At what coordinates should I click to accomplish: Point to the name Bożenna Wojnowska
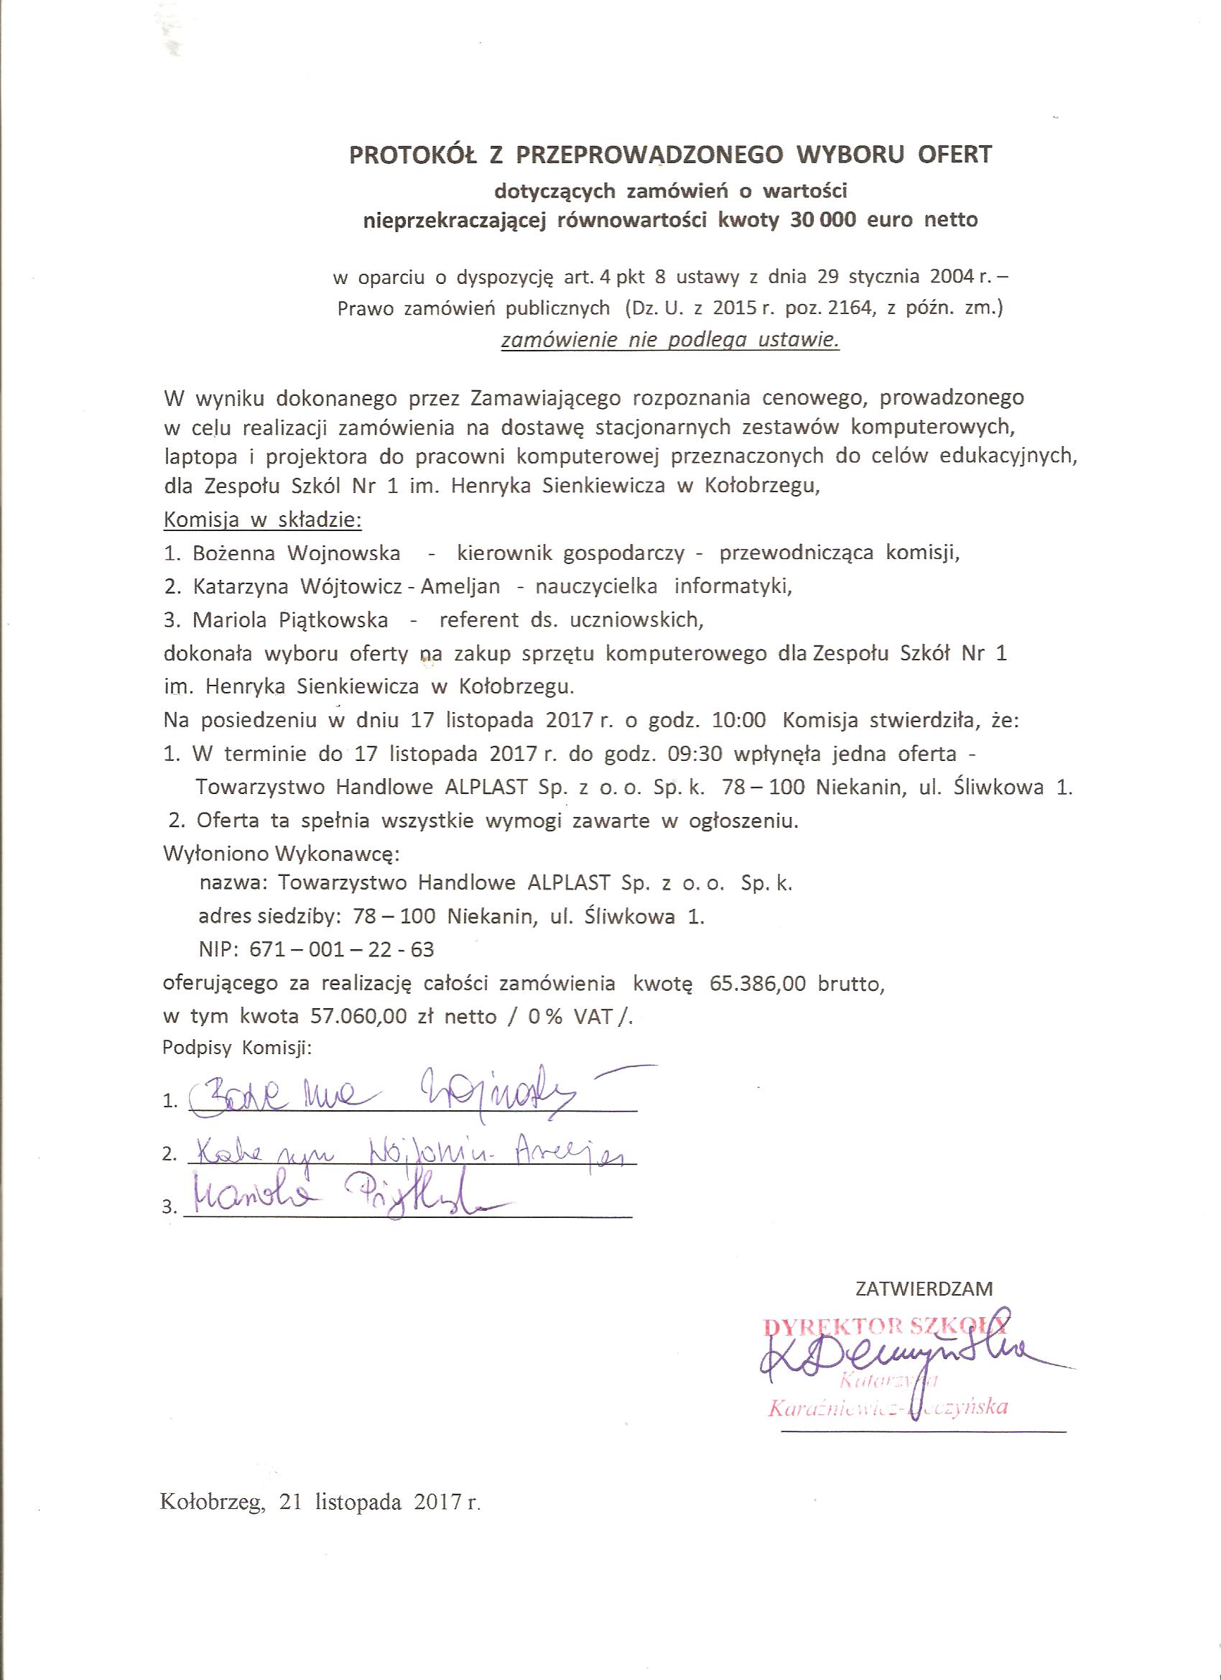296,553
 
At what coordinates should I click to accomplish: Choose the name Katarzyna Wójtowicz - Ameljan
345,586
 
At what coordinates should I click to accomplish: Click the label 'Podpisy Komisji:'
237,1048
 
